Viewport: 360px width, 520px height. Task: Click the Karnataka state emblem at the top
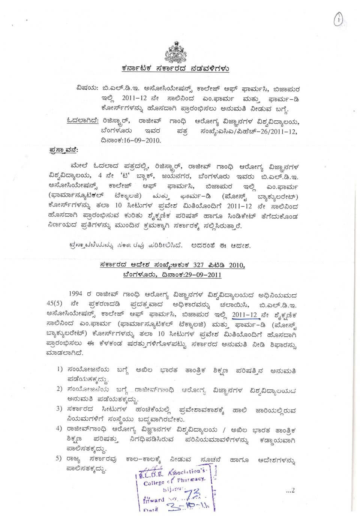click(175, 52)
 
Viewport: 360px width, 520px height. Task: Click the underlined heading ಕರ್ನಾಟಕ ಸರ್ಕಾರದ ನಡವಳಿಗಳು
click(175, 69)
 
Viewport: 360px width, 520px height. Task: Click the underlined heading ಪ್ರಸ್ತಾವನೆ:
click(64, 150)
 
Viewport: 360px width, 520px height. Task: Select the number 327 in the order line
click(198, 265)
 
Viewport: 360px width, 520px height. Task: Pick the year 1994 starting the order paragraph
click(75, 294)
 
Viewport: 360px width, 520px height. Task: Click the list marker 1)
click(60, 369)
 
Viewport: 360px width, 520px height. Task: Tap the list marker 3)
click(59, 409)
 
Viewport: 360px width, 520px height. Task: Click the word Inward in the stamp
click(153, 500)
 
